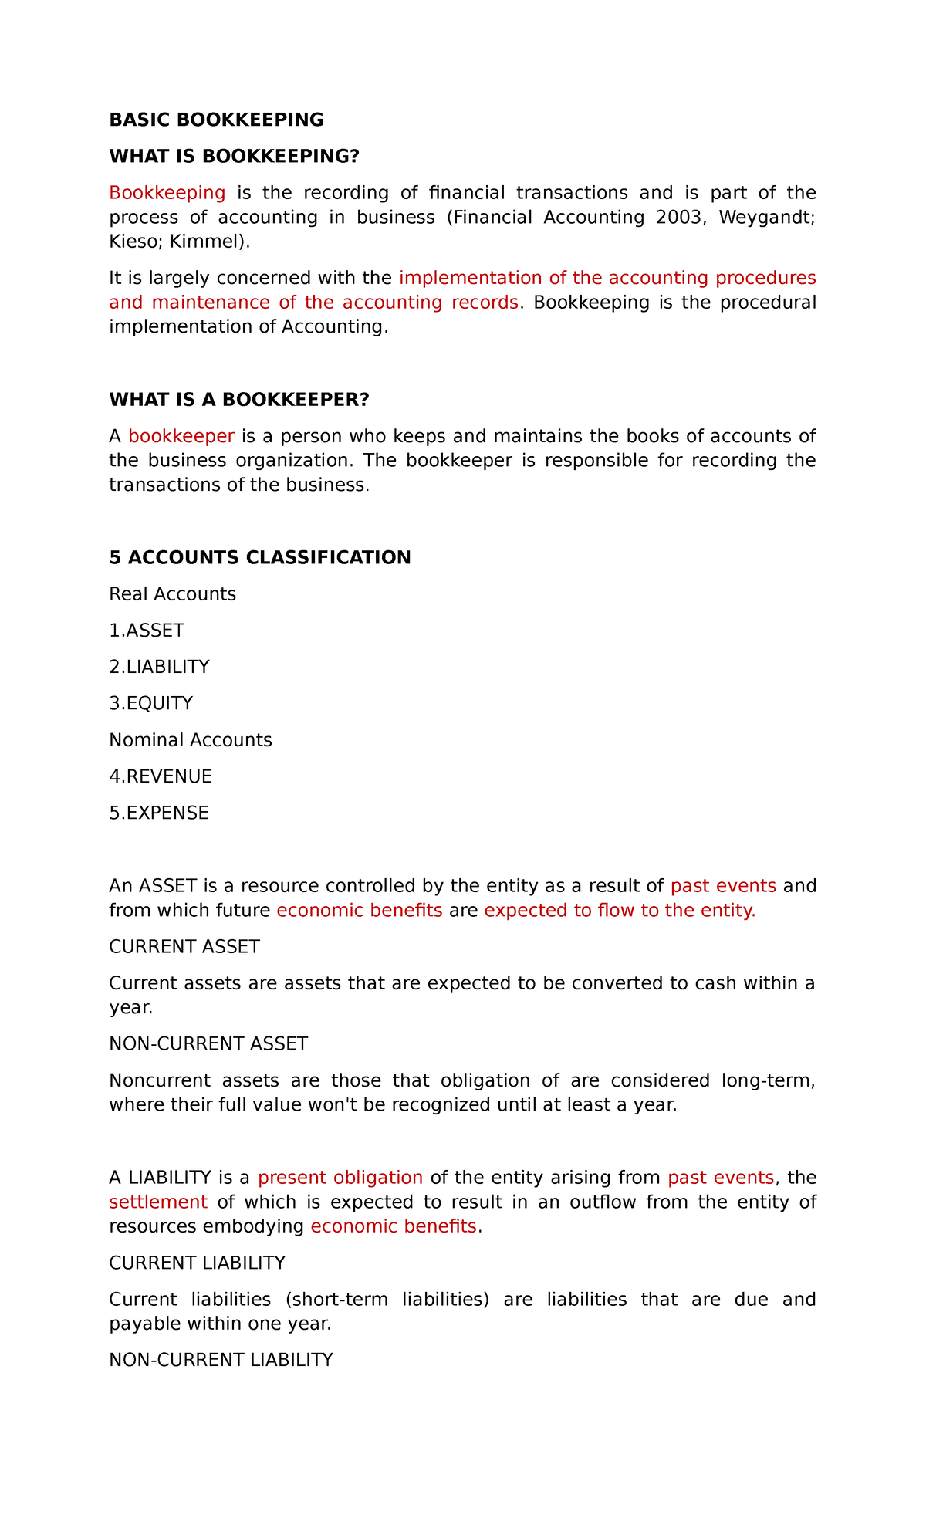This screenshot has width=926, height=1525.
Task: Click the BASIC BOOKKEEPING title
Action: click(216, 120)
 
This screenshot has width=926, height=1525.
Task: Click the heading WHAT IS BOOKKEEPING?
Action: click(235, 157)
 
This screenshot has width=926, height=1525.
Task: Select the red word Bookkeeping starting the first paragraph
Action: click(167, 192)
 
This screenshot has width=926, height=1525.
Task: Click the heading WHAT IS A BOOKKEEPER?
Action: click(239, 400)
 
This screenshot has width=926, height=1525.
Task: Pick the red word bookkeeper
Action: click(181, 436)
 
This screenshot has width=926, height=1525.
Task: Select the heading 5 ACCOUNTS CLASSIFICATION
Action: click(260, 557)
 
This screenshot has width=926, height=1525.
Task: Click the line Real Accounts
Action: click(173, 594)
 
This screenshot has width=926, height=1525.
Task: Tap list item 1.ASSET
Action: click(147, 631)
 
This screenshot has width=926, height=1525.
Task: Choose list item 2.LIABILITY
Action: click(160, 667)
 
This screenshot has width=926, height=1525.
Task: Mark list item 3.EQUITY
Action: click(151, 703)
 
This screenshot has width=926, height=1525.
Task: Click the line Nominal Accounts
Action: click(191, 740)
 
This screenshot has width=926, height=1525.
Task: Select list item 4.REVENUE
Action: click(161, 776)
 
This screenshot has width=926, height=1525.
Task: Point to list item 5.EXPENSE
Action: click(159, 813)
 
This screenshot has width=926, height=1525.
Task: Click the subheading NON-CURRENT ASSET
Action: click(208, 1043)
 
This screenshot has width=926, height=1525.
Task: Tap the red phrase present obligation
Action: click(340, 1178)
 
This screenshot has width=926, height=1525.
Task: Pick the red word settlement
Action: click(158, 1202)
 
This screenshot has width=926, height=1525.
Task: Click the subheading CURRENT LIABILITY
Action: click(198, 1263)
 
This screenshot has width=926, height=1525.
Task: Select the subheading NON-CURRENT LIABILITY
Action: click(221, 1360)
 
